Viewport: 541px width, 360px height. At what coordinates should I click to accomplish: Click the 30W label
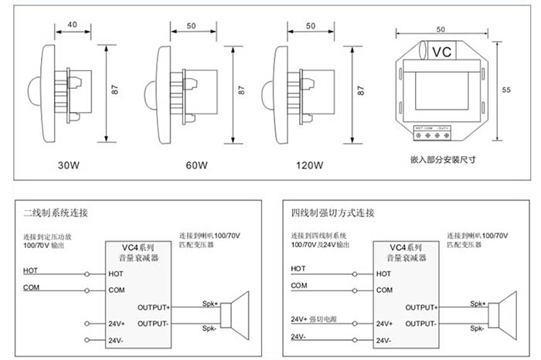pos(69,165)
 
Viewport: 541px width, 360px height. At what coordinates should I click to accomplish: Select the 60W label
pos(196,165)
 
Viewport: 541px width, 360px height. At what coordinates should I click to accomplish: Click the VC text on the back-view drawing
pos(441,53)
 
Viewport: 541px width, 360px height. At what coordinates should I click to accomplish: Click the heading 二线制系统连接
pos(56,210)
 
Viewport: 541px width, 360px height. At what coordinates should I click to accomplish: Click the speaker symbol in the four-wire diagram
pos(502,314)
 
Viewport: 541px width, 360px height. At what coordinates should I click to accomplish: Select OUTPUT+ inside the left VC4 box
pos(153,307)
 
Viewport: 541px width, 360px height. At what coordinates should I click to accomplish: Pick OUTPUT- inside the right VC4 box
pos(420,323)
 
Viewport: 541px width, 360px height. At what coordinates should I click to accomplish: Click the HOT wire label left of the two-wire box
pos(30,270)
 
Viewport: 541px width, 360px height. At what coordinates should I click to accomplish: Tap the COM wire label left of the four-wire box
pos(298,285)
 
